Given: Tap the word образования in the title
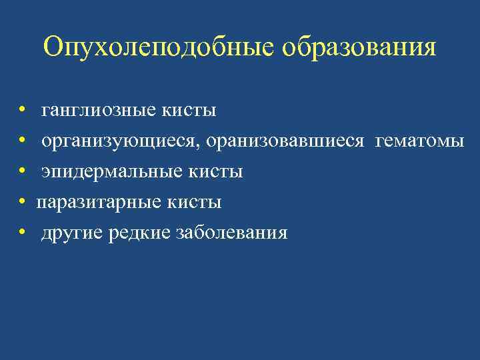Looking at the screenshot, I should point(359,48).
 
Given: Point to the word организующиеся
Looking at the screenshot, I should point(123,141).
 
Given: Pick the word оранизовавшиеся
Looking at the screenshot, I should point(289,141).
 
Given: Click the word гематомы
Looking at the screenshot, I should point(420,141).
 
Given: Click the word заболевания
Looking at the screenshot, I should point(232,233).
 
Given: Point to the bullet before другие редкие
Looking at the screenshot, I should point(22,233).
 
